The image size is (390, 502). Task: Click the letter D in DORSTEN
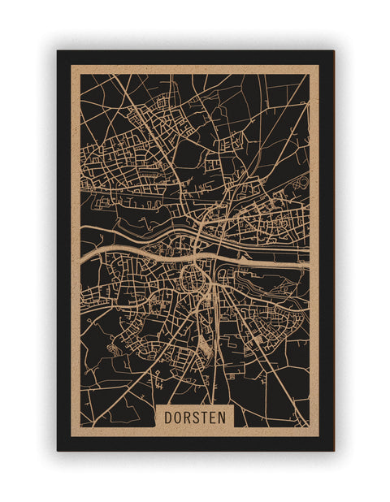point(168,417)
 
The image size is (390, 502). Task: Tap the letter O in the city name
point(178,417)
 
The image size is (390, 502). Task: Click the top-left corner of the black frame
point(58,51)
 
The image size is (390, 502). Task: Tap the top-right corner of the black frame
point(333,51)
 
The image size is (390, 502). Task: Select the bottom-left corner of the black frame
point(58,450)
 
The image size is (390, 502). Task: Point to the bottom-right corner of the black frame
point(333,450)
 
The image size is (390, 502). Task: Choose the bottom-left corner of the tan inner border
point(71,436)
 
